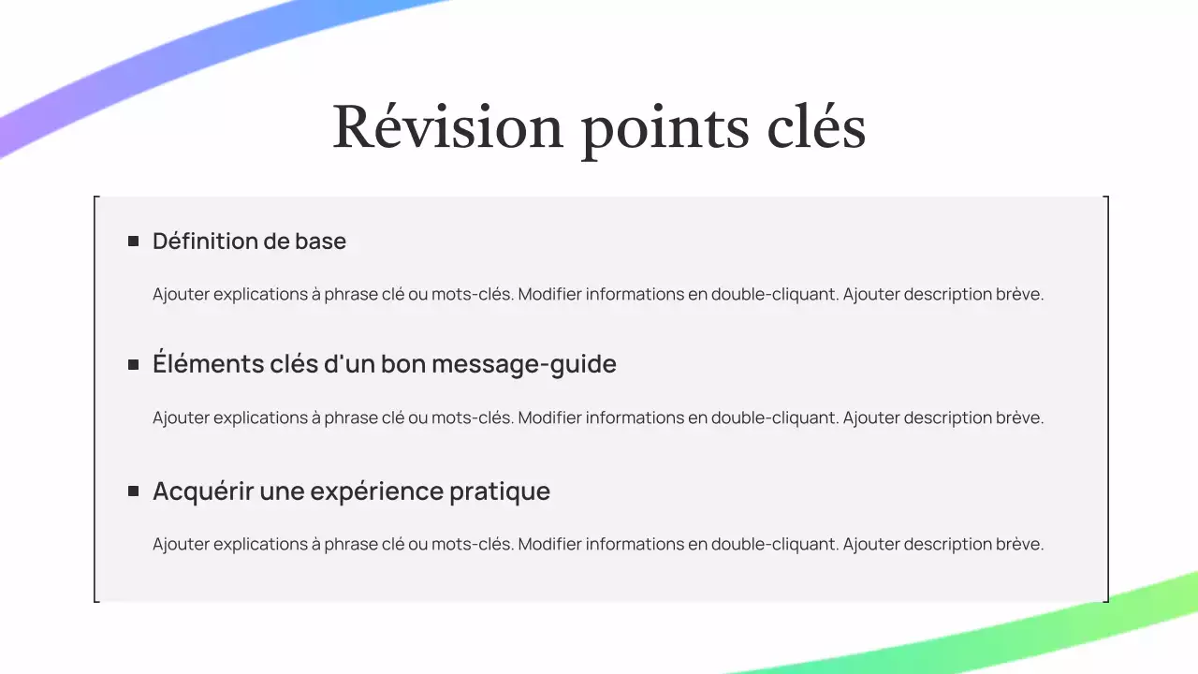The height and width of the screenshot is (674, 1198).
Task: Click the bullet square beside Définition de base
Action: point(133,242)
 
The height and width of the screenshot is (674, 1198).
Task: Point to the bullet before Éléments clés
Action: point(133,364)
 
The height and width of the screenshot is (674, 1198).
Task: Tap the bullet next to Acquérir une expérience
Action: point(133,491)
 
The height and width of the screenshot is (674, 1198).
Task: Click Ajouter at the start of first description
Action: point(182,294)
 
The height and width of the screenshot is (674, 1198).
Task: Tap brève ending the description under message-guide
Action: point(1019,418)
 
